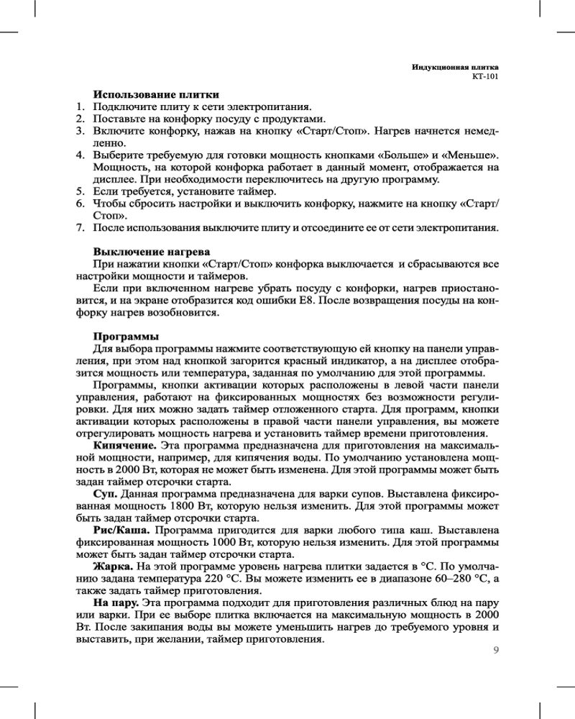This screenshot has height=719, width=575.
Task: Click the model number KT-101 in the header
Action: [x=484, y=75]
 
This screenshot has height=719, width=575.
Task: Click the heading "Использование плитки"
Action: [x=156, y=95]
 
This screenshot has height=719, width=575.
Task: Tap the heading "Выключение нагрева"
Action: [x=152, y=252]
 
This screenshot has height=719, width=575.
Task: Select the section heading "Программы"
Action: [x=126, y=336]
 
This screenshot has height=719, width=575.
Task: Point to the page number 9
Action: [x=496, y=651]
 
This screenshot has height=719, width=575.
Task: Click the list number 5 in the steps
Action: [x=80, y=192]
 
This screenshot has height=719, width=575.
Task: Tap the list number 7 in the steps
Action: [x=80, y=228]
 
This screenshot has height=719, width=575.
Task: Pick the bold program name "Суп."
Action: [x=107, y=495]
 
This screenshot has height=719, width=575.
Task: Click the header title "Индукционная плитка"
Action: [x=455, y=66]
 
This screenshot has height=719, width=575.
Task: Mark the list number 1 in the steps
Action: [x=80, y=107]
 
